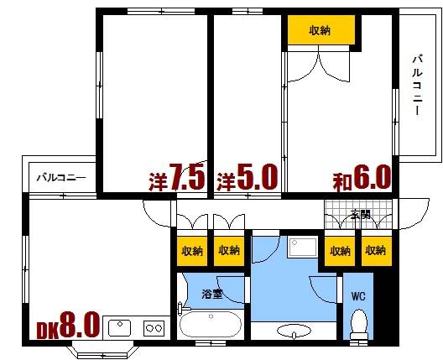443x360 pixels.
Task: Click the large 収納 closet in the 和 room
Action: [319, 30]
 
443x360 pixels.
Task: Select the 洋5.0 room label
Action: [247, 178]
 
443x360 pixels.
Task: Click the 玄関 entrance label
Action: [359, 213]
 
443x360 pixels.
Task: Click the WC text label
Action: [357, 295]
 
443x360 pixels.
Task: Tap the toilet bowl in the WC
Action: [358, 323]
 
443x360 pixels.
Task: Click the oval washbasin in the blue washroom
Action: [293, 331]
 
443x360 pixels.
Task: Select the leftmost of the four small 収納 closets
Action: [191, 250]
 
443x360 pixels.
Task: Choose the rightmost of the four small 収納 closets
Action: [373, 250]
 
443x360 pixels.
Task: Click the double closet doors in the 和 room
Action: [319, 63]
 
